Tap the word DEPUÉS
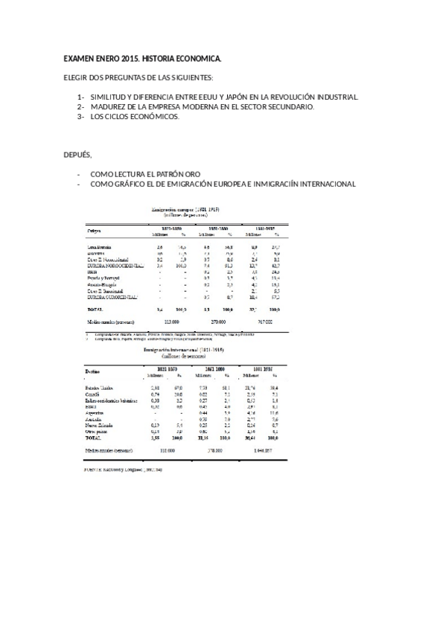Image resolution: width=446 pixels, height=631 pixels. coord(77,155)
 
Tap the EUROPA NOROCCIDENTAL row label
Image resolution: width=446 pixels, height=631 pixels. coord(112,265)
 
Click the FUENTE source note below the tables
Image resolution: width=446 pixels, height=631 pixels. coord(121,470)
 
